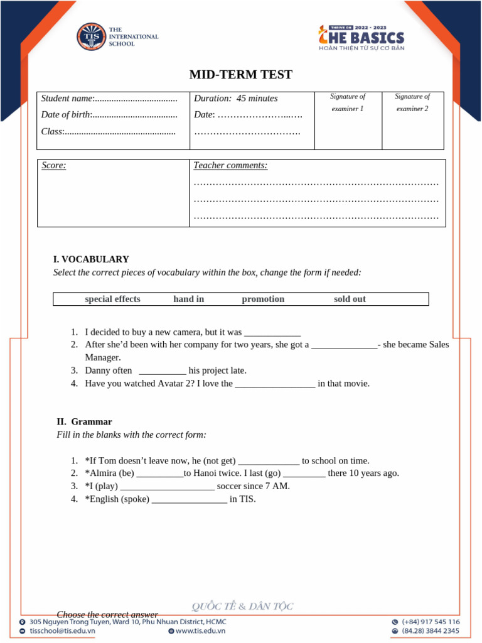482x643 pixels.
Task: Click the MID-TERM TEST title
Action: coord(241,75)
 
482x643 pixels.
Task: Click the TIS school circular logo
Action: coord(91,37)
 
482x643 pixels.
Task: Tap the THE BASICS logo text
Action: coord(361,38)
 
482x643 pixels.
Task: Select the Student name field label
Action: coord(67,99)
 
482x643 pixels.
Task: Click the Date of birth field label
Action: coord(66,115)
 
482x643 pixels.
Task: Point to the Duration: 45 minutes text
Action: coord(235,99)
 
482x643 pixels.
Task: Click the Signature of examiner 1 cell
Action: coord(348,102)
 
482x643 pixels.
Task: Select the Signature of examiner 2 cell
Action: coord(412,102)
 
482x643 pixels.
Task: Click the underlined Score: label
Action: coord(54,166)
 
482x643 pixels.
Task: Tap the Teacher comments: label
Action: coord(230,166)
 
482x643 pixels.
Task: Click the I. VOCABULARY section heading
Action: coord(91,259)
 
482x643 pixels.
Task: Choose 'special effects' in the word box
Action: coord(112,300)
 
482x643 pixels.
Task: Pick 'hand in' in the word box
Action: coord(188,300)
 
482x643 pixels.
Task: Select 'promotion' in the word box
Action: coord(263,300)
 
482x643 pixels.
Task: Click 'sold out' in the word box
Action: coord(350,300)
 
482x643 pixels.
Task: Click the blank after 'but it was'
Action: coord(272,333)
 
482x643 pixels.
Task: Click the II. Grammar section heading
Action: coord(84,422)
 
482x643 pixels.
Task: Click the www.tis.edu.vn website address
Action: coord(200,631)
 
